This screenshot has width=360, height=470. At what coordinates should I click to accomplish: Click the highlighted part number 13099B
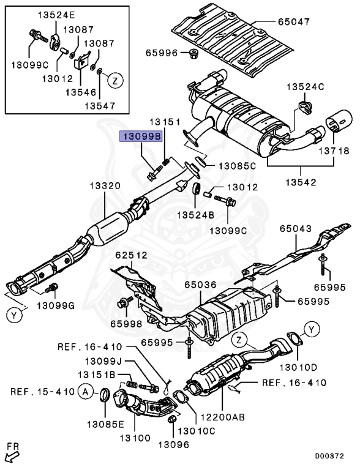coord(141,136)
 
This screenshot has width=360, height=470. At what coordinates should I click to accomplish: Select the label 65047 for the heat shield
coord(294,21)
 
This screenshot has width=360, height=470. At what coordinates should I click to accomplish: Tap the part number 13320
coord(105,185)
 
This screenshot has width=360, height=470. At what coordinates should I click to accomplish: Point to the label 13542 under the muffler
coord(301,182)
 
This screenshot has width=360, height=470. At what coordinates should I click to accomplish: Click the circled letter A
coord(86,392)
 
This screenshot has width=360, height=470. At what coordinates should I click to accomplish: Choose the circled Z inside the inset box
coord(116,80)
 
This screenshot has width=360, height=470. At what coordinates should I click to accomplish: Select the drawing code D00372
coord(329,456)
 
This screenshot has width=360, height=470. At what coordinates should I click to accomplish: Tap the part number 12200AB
coord(223,417)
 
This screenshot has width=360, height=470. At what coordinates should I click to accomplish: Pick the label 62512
coord(132,255)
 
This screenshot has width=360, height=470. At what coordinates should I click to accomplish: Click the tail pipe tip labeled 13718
coord(339,121)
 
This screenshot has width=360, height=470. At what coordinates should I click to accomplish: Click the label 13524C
coord(306,87)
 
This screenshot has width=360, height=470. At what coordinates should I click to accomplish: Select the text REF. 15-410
coord(42,392)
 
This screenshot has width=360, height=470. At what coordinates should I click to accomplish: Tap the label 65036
coord(200,284)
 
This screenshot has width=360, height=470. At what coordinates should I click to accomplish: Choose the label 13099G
coord(56,306)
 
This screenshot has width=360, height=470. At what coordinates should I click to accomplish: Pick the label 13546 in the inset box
coord(81,92)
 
